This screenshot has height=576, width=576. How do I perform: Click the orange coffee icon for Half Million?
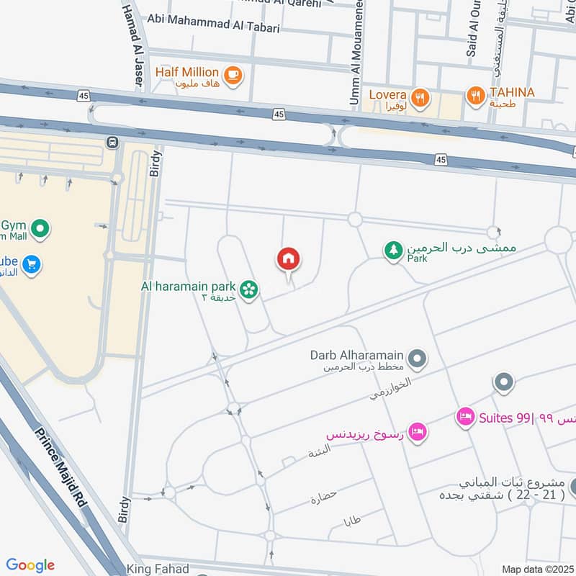(x=233, y=75)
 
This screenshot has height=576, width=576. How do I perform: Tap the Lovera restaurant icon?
(x=420, y=96)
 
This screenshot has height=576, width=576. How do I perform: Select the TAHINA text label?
(x=512, y=92)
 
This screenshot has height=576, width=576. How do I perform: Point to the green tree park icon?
(x=393, y=251)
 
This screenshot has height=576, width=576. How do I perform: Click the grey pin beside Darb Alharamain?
(x=417, y=357)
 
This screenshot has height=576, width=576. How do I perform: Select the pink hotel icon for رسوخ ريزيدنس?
(x=417, y=432)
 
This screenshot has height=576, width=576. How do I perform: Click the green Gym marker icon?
(x=40, y=230)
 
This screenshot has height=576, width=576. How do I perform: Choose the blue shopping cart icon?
(x=31, y=264)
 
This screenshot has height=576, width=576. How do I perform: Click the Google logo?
(x=30, y=565)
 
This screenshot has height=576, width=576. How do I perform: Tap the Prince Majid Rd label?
(x=62, y=468)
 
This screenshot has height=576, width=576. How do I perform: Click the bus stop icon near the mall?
(x=112, y=143)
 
